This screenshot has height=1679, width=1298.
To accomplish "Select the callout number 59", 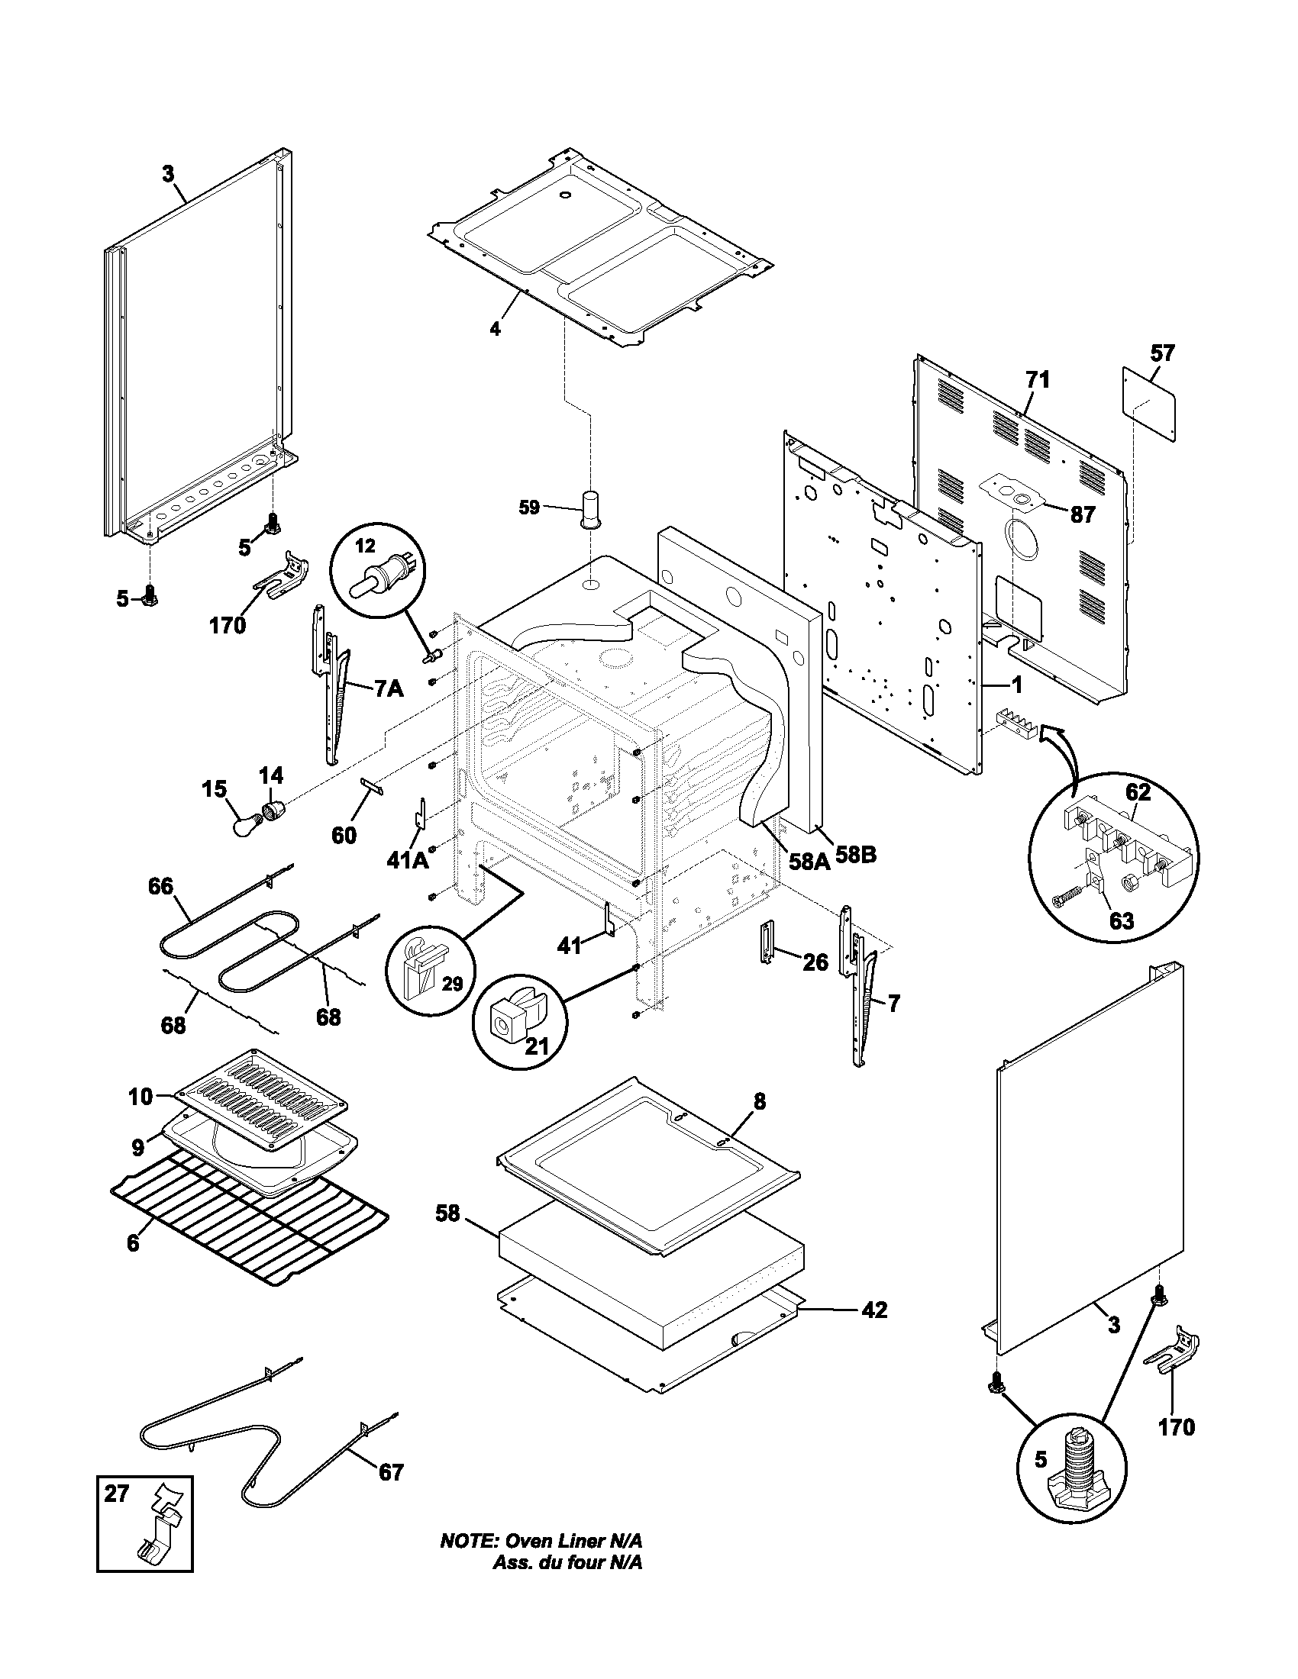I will [x=529, y=508].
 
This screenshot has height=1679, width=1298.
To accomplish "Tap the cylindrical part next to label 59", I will [x=590, y=508].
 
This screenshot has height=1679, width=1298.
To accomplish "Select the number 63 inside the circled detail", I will [x=1121, y=920].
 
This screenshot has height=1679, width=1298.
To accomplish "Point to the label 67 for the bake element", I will [x=391, y=1472].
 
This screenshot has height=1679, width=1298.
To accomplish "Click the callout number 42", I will [x=874, y=1309].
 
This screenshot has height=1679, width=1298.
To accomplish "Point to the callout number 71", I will [x=1037, y=379].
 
